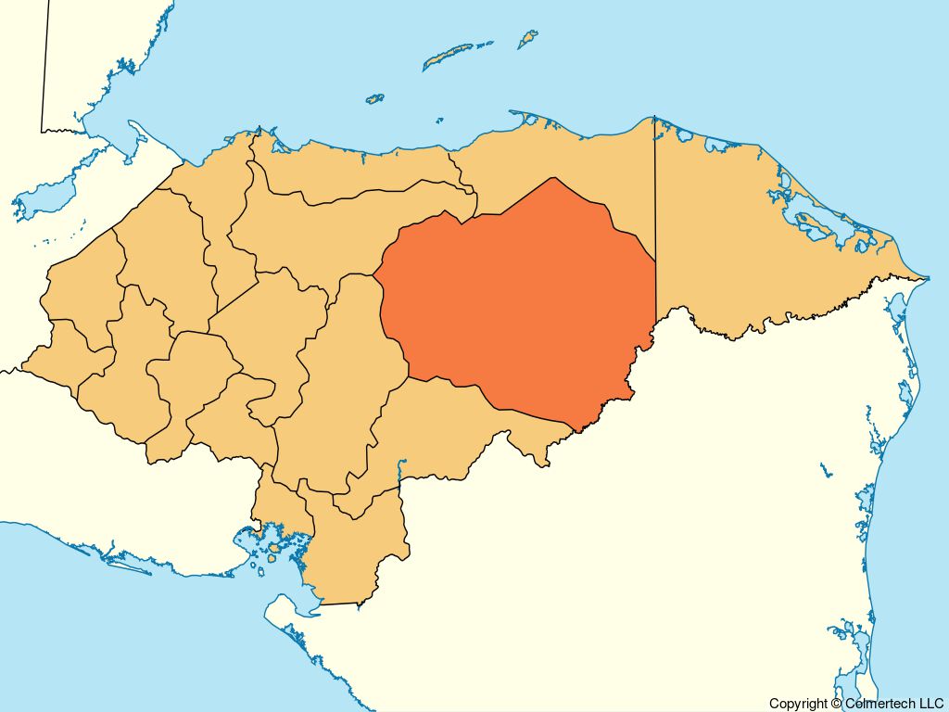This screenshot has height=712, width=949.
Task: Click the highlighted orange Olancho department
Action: [519, 297]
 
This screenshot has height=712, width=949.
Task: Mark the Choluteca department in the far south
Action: [357, 547]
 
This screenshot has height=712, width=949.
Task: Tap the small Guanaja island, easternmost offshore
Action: [527, 39]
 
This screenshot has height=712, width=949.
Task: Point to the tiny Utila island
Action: [374, 97]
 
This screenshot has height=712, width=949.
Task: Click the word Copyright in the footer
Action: [800, 704]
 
